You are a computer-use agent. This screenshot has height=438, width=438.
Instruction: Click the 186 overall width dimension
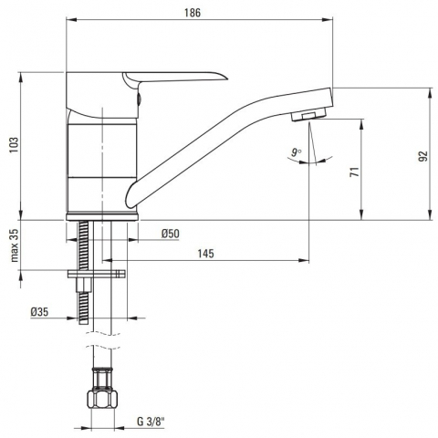point(193,13)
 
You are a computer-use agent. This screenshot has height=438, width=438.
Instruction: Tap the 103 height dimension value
point(15,145)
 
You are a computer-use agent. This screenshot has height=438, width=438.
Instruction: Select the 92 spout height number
point(423,156)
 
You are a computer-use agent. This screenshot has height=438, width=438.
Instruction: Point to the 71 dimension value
point(355,172)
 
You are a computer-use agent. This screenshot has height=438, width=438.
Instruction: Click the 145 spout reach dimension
point(205,254)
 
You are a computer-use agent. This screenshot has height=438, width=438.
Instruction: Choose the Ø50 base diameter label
point(171,234)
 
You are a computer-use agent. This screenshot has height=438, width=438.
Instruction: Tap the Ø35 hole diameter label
point(39,312)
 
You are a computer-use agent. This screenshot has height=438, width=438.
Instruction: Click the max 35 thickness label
point(15,245)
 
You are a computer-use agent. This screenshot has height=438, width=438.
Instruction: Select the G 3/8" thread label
point(151,422)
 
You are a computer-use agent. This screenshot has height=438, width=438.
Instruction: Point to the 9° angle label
point(296,152)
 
